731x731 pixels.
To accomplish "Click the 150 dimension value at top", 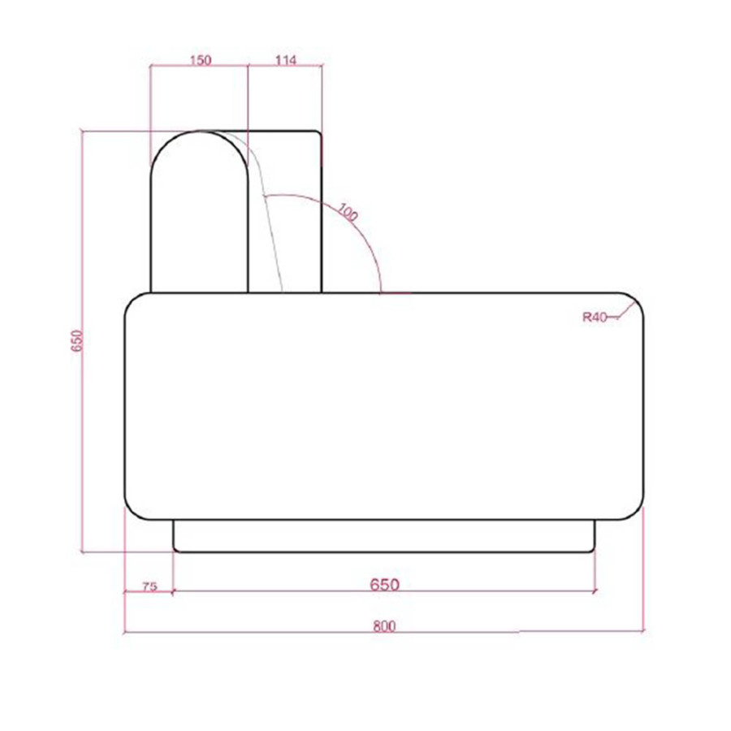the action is click(x=201, y=60).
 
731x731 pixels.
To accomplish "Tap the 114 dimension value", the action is click(x=285, y=60).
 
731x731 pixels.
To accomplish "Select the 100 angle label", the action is click(x=348, y=212).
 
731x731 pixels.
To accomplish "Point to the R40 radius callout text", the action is click(x=595, y=318).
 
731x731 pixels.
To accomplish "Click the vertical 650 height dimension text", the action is click(x=78, y=340).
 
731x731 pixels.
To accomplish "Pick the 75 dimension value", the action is click(x=149, y=586).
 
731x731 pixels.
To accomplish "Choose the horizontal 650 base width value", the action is click(x=385, y=585).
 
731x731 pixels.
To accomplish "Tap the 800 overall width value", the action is click(x=385, y=626).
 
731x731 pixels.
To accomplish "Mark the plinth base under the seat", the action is click(x=384, y=536).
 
